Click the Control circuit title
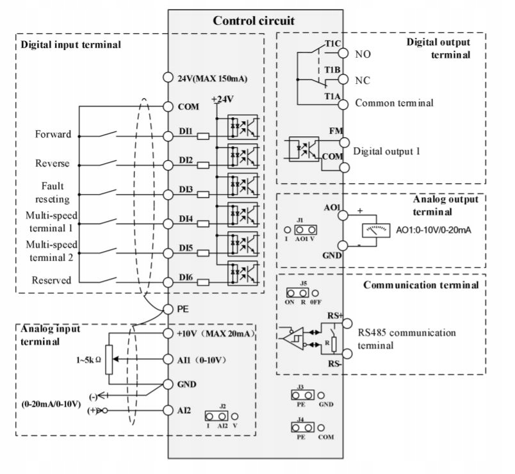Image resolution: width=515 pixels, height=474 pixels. (x=254, y=20)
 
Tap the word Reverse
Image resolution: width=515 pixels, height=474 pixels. (x=53, y=163)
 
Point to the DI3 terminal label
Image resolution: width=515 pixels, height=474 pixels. (x=186, y=190)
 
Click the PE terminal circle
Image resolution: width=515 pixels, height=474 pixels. (x=168, y=308)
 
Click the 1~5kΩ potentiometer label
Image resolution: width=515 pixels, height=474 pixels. (x=89, y=360)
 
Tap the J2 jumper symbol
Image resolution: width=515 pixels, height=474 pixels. (x=222, y=415)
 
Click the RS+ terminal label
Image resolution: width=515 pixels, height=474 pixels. (x=333, y=315)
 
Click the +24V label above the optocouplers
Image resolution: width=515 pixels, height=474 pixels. (x=223, y=101)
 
